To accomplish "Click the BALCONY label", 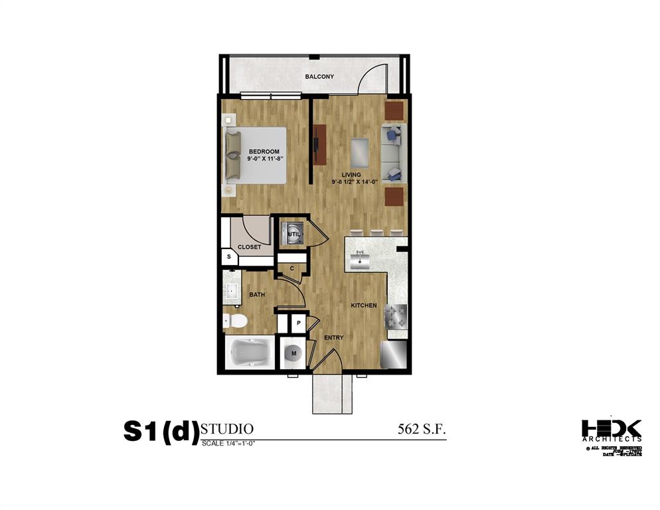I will coord(319,77).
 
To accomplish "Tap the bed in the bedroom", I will coord(256,155).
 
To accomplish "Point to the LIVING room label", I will coord(351,175).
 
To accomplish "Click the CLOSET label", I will coord(249,247).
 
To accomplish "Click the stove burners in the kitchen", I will coord(398,315).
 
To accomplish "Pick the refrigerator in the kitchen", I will coord(394,355).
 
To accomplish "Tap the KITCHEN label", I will coord(364,305).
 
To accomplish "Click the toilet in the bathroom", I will coord(235,321).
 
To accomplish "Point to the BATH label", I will coord(258,294).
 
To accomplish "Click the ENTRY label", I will coord(333,338).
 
